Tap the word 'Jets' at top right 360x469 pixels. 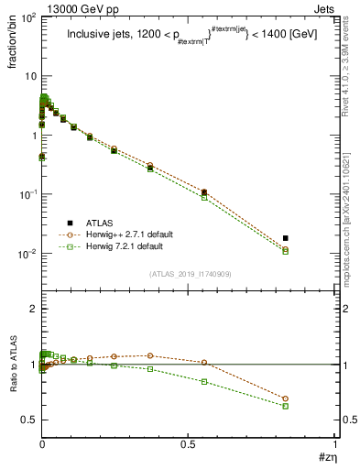tap(325, 7)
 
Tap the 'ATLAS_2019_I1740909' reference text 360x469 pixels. tap(190, 274)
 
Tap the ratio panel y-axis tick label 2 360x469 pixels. tap(34, 310)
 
